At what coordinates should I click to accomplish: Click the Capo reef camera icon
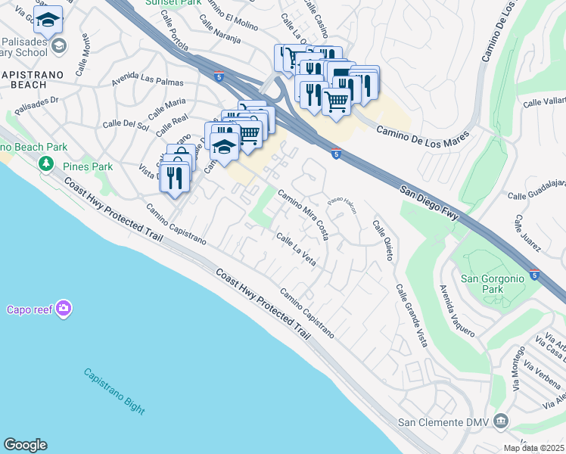pos(64,308)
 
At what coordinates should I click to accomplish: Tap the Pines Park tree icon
pos(46,163)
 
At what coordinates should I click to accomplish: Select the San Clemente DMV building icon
pos(500,421)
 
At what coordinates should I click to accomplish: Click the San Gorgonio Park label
pos(493,284)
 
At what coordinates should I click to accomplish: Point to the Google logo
pos(25,445)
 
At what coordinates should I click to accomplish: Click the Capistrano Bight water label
pos(114,391)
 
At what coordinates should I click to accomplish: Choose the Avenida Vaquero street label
pos(457,310)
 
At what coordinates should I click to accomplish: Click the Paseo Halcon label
pos(341,205)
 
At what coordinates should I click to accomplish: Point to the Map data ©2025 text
pos(533,448)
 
